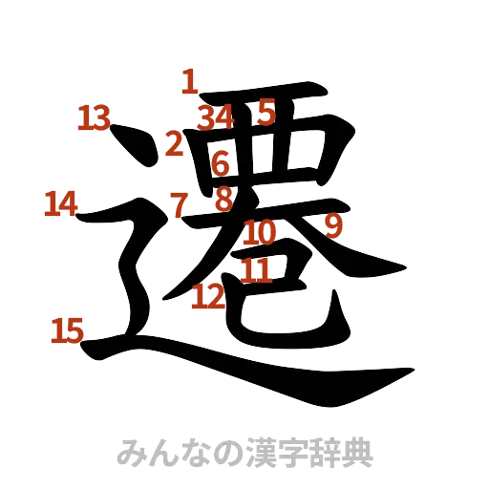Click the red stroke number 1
click(189, 81)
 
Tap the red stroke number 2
click(174, 144)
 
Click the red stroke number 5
click(265, 114)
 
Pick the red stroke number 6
click(221, 162)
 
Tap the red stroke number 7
click(178, 202)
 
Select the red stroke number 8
click(223, 200)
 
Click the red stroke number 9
click(333, 225)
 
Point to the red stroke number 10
click(260, 232)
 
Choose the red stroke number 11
click(255, 269)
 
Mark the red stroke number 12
click(208, 297)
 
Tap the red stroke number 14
click(59, 203)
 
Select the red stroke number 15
click(67, 330)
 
